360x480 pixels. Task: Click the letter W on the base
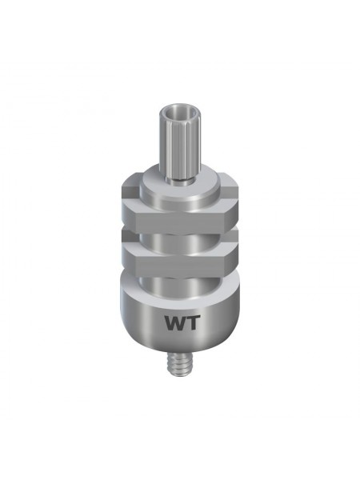(175, 323)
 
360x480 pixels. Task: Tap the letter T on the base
(193, 323)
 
